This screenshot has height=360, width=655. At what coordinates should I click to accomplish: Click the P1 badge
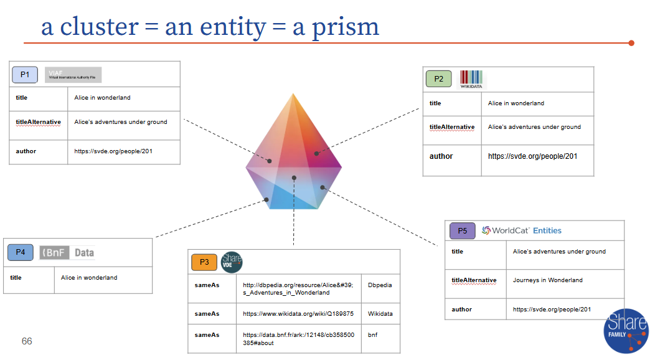pyautogui.click(x=25, y=75)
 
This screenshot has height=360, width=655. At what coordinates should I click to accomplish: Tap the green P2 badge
pyautogui.click(x=439, y=79)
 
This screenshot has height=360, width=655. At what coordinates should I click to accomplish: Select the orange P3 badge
pyautogui.click(x=204, y=262)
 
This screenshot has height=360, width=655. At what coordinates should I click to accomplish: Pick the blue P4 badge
pyautogui.click(x=21, y=252)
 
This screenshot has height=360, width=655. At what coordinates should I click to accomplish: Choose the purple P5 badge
pyautogui.click(x=462, y=231)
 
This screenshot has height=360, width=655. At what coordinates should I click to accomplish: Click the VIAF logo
pyautogui.click(x=73, y=75)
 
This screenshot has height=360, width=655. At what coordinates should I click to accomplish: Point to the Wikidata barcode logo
pyautogui.click(x=471, y=79)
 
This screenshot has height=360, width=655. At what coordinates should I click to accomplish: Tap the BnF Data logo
pyautogui.click(x=67, y=252)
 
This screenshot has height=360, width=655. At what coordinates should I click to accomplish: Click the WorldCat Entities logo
pyautogui.click(x=522, y=230)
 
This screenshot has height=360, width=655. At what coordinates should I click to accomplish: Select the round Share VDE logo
pyautogui.click(x=232, y=262)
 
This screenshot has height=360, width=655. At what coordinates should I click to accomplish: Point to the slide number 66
pyautogui.click(x=27, y=341)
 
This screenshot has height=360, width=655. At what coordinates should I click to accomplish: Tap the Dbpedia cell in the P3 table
pyautogui.click(x=380, y=285)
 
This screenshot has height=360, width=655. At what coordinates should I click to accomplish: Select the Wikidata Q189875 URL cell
pyautogui.click(x=298, y=314)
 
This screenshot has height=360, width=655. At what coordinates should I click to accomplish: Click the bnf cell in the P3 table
pyautogui.click(x=373, y=335)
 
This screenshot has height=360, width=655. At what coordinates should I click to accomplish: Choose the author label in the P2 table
pyautogui.click(x=441, y=156)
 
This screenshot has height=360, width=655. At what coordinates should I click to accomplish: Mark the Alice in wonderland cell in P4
pyautogui.click(x=89, y=278)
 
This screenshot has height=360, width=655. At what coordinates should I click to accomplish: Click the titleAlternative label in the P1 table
pyautogui.click(x=38, y=122)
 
